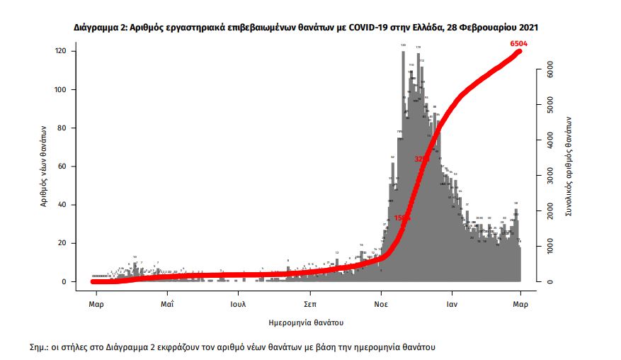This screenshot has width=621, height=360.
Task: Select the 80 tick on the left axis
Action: pyautogui.click(x=62, y=128)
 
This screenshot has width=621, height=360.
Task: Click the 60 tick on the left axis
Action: pyautogui.click(x=62, y=167)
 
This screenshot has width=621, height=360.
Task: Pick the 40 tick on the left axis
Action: pyautogui.click(x=62, y=205)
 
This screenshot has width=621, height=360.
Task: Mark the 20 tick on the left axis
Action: pyautogui.click(x=62, y=243)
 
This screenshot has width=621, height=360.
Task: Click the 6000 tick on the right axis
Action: pyautogui.click(x=549, y=71)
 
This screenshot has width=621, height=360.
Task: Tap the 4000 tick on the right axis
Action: pyautogui.click(x=549, y=141)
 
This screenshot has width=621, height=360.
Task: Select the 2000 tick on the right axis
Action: pyautogui.click(x=549, y=211)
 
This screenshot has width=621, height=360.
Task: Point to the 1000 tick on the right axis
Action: pyautogui.click(x=549, y=247)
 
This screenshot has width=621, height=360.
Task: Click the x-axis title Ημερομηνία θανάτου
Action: pyautogui.click(x=307, y=322)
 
